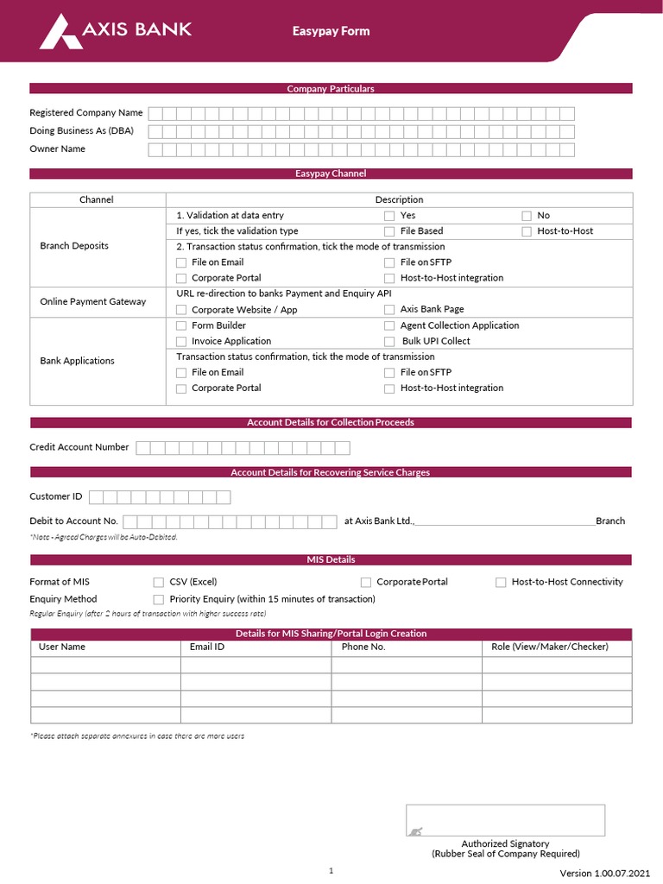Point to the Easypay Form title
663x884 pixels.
click(x=331, y=31)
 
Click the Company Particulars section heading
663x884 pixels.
click(x=331, y=88)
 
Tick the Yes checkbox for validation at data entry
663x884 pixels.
click(x=389, y=216)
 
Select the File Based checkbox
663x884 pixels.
click(x=389, y=231)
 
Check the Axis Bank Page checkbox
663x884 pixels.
click(x=389, y=310)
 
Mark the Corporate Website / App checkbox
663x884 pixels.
click(x=181, y=310)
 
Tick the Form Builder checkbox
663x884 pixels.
click(x=181, y=325)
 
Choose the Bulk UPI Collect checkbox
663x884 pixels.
click(x=389, y=342)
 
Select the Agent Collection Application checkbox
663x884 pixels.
click(x=389, y=325)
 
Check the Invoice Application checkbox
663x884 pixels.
click(x=181, y=342)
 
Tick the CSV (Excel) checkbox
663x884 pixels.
click(x=159, y=583)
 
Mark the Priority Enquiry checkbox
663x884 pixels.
click(x=159, y=599)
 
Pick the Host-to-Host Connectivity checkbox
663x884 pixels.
click(x=501, y=583)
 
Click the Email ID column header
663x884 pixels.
click(x=207, y=647)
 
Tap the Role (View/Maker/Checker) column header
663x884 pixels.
click(x=549, y=647)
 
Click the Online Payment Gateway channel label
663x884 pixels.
click(x=93, y=301)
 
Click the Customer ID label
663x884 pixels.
click(x=56, y=496)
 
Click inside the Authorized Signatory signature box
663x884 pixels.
click(x=505, y=820)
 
